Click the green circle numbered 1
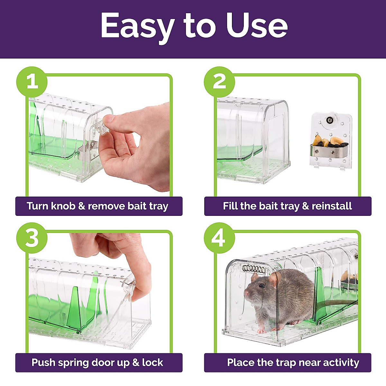(32, 82)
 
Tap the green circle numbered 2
(220, 82)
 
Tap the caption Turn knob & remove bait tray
(97, 206)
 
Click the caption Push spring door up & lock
(97, 363)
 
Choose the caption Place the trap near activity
(293, 363)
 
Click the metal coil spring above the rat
(254, 269)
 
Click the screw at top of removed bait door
(330, 120)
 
